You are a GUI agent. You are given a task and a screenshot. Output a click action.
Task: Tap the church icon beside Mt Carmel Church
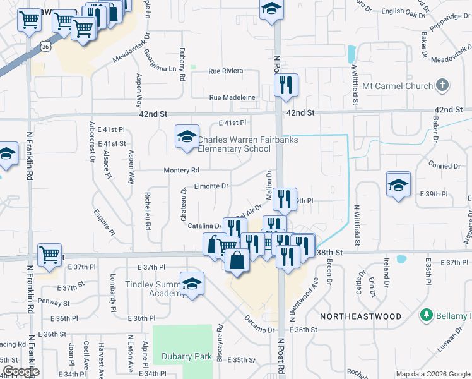point(442,85)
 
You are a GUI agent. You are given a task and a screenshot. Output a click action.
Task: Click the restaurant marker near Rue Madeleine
point(286,85)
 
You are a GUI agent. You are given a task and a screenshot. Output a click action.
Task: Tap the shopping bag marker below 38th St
point(237,260)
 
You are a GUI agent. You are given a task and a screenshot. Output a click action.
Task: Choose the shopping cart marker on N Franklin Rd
point(49,255)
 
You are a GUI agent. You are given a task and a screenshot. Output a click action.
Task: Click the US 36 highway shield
point(44,46)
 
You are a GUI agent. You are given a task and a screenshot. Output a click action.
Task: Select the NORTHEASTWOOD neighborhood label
point(360,316)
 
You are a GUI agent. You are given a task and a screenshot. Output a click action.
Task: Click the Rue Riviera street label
point(226,71)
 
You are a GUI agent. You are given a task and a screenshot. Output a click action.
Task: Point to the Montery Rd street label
point(182,171)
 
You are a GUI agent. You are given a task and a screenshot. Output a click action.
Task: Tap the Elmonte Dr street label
point(211,186)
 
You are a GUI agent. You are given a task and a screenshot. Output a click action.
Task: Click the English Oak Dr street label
point(401,11)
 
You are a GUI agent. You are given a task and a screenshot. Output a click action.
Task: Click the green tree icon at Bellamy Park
point(427,315)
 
